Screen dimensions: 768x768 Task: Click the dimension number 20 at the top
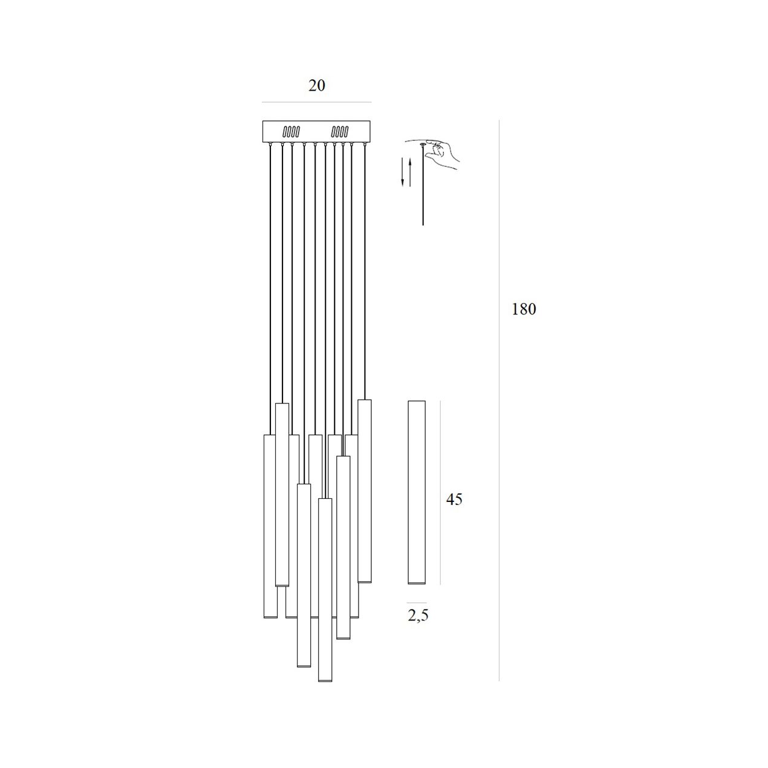point(316,85)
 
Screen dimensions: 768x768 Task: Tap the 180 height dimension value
point(524,309)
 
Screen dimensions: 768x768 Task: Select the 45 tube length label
point(454,499)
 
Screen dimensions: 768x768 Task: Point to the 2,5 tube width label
point(418,616)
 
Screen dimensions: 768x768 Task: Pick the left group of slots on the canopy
point(291,131)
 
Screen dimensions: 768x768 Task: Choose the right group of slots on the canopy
point(340,131)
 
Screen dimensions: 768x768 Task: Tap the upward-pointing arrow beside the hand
point(410,172)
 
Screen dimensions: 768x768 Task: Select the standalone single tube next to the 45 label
point(417,492)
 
